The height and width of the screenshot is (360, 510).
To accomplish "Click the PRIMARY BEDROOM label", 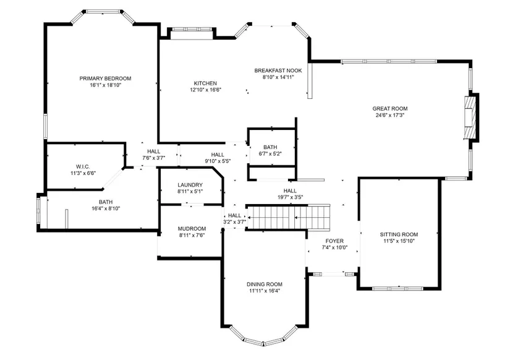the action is click(x=105, y=79).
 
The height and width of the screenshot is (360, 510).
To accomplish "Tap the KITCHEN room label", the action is click(x=205, y=84).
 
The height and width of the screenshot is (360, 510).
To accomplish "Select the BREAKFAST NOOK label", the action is click(x=278, y=71).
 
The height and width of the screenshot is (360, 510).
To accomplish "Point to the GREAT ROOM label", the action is click(x=390, y=109).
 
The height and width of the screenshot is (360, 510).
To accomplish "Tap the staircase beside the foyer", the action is click(x=287, y=217).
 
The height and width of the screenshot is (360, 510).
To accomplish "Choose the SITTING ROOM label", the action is click(x=399, y=234).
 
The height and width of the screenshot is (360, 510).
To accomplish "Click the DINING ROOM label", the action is click(x=265, y=284).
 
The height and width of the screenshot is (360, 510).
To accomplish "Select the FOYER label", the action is click(x=334, y=241).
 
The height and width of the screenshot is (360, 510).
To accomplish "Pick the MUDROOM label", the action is click(x=192, y=228).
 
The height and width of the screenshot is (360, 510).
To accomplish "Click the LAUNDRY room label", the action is click(x=190, y=185).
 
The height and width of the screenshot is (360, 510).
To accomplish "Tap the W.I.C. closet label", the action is click(x=83, y=167).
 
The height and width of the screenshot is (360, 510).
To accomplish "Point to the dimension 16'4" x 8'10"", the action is click(x=106, y=208).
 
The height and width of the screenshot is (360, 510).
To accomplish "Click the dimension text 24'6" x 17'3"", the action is click(x=390, y=115).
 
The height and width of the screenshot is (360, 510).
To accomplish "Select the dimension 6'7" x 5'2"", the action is click(x=270, y=153).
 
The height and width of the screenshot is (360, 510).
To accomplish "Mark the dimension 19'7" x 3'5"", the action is click(x=290, y=197).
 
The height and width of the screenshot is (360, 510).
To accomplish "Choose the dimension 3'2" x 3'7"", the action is click(x=234, y=222).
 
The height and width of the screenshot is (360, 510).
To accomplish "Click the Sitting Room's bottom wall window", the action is click(x=397, y=288).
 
